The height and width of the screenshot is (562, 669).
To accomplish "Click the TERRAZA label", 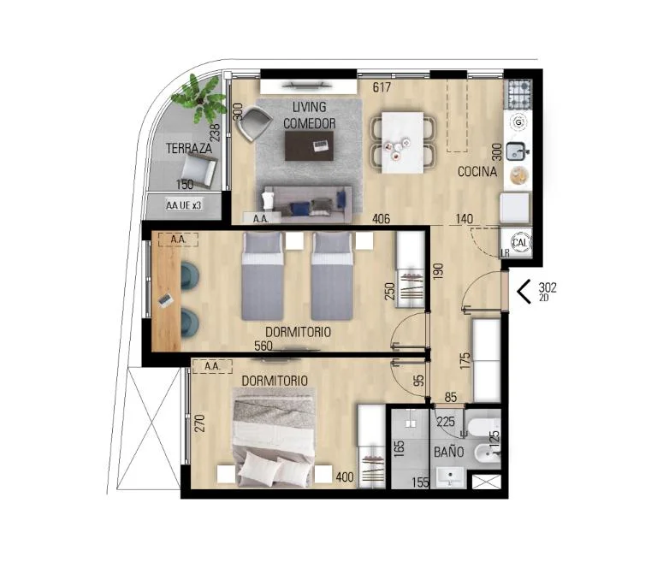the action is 189,149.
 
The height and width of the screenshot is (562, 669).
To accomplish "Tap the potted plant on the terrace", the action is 198,99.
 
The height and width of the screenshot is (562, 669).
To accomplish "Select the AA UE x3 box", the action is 184,205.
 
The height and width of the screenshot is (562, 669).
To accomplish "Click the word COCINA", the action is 477,172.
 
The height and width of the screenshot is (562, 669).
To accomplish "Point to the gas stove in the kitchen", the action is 518,94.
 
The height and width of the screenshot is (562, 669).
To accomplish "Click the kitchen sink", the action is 518,151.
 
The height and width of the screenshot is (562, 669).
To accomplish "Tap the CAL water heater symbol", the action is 519,243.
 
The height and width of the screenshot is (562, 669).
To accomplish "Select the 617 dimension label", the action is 382,87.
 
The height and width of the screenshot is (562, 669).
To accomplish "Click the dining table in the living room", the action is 403,143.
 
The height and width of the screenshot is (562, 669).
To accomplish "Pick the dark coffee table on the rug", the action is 310,146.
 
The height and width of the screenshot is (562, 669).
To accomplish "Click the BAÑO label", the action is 448,452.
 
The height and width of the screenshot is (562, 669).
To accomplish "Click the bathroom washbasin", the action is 450,476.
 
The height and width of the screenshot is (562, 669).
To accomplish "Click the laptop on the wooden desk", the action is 166,300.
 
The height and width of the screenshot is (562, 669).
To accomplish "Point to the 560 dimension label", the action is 263,346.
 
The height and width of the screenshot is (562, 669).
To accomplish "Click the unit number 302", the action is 548,287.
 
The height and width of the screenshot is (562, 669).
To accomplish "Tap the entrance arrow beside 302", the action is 524,292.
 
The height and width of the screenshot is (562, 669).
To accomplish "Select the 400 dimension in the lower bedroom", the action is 344,476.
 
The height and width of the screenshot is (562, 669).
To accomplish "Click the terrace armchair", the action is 198,169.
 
